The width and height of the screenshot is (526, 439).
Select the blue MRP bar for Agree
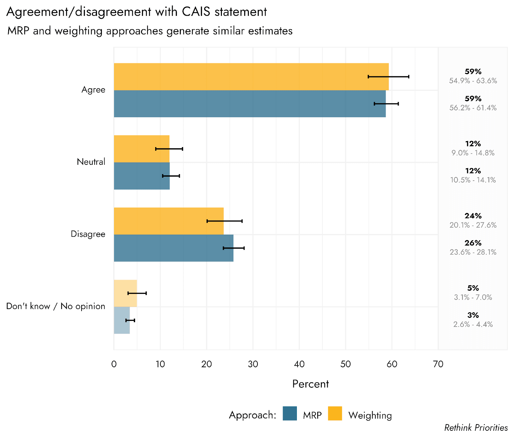(250, 104)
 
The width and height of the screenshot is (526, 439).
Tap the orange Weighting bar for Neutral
(141, 149)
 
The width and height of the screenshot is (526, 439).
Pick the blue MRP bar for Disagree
(174, 248)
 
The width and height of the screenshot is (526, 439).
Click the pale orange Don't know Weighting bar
(125, 293)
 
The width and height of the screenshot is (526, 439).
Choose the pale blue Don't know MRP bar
(122, 320)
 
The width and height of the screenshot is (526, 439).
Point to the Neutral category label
(91, 162)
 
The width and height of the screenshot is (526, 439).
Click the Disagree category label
(88, 234)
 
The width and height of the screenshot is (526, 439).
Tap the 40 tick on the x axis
(299, 364)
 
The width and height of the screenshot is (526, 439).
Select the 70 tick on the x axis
(438, 364)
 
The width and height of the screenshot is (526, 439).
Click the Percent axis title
(310, 384)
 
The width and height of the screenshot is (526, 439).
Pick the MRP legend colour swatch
(290, 414)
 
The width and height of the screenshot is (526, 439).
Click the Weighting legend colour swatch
(335, 414)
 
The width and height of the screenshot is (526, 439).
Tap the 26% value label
(473, 243)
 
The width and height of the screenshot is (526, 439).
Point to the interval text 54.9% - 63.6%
(473, 81)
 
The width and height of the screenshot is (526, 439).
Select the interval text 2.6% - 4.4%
(473, 324)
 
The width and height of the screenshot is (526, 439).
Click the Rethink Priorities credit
(476, 427)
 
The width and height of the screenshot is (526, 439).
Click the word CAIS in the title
(196, 12)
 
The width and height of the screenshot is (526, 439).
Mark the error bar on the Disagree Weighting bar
(225, 221)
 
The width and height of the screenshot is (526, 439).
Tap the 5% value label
(473, 288)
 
